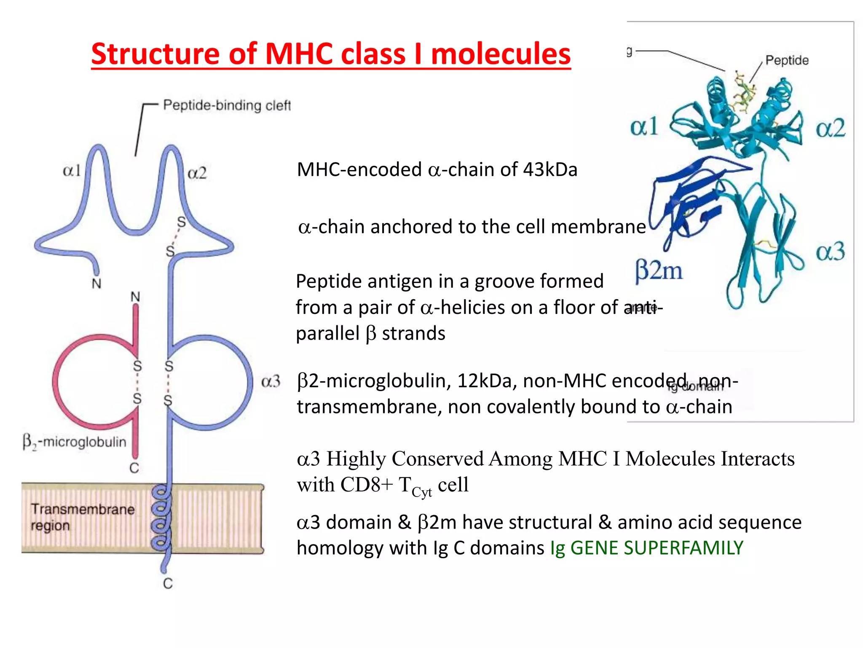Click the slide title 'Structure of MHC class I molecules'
coord(331,54)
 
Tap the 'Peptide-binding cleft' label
coord(227,105)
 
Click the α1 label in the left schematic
coord(72,170)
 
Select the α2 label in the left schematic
coord(197,173)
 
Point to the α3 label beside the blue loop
coord(271,381)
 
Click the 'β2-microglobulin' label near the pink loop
coord(75,442)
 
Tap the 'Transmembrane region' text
coord(82,517)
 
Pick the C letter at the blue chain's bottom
coord(168,583)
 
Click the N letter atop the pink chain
coord(135,297)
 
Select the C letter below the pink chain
coord(134,468)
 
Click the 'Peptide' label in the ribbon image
coord(787,60)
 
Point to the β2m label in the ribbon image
coord(659,270)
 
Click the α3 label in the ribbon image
coord(830,251)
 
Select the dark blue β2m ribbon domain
coord(691,198)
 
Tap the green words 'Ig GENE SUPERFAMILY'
coord(647,548)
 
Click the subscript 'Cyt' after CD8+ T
coord(422,492)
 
